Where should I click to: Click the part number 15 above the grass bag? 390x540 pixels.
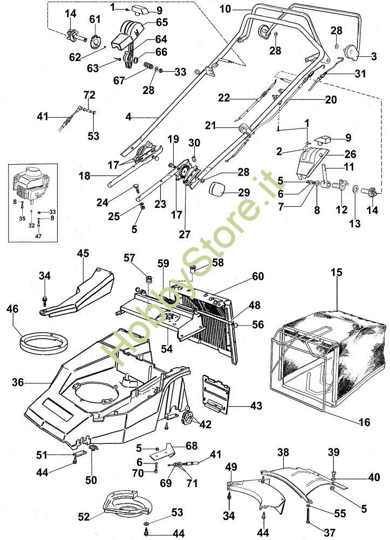(337, 272)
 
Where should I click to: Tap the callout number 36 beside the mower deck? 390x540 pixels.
(18, 382)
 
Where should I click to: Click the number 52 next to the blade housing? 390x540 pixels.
(84, 517)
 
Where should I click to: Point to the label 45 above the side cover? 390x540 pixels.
(83, 253)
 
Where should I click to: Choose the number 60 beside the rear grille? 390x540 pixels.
(258, 276)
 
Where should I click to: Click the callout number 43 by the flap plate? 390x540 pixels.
(256, 406)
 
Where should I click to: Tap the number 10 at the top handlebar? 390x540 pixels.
(225, 9)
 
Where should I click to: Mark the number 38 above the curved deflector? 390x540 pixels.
(283, 452)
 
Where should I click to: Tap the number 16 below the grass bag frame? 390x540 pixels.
(364, 422)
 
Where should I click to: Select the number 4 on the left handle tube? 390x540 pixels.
(128, 117)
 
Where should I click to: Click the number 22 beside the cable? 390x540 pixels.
(224, 98)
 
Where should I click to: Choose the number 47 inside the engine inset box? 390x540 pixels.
(38, 237)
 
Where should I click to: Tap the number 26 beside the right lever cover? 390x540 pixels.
(350, 154)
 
